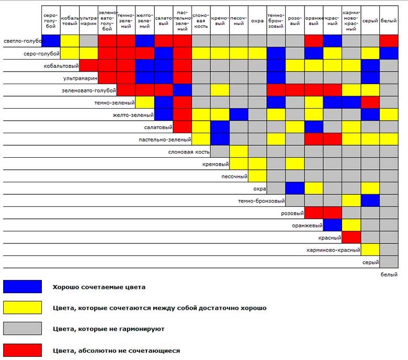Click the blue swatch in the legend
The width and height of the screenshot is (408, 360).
pyautogui.click(x=22, y=286)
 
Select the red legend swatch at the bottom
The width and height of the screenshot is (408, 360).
pyautogui.click(x=22, y=350)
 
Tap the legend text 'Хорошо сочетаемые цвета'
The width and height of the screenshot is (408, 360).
pyautogui.click(x=99, y=287)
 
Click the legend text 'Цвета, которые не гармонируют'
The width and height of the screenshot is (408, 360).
pyautogui.click(x=108, y=329)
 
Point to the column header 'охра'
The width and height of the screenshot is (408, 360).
pyautogui.click(x=257, y=20)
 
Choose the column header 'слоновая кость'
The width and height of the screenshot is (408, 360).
pyautogui.click(x=201, y=20)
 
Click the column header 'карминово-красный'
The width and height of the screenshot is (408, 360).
pyautogui.click(x=351, y=20)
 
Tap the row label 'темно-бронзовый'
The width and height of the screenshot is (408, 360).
pyautogui.click(x=261, y=201)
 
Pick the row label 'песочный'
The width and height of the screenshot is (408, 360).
pyautogui.click(x=234, y=176)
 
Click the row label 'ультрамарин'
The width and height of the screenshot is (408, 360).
pyautogui.click(x=80, y=78)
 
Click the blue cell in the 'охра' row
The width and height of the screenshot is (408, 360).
pyautogui.click(x=295, y=188)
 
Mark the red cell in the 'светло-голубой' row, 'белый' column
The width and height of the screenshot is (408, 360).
pyautogui.click(x=389, y=41)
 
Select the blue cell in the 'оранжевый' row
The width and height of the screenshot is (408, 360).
pyautogui.click(x=332, y=225)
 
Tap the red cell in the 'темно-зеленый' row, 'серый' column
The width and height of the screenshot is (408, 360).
pyautogui.click(x=370, y=102)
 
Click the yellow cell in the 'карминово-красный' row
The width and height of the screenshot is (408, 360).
pyautogui.click(x=370, y=250)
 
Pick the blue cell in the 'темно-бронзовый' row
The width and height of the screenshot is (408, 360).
pyautogui.click(x=370, y=201)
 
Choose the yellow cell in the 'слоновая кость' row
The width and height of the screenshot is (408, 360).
pyautogui.click(x=239, y=152)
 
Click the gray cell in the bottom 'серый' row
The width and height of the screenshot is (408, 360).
pyautogui.click(x=389, y=262)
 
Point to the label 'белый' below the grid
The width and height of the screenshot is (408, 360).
pyautogui.click(x=389, y=274)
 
